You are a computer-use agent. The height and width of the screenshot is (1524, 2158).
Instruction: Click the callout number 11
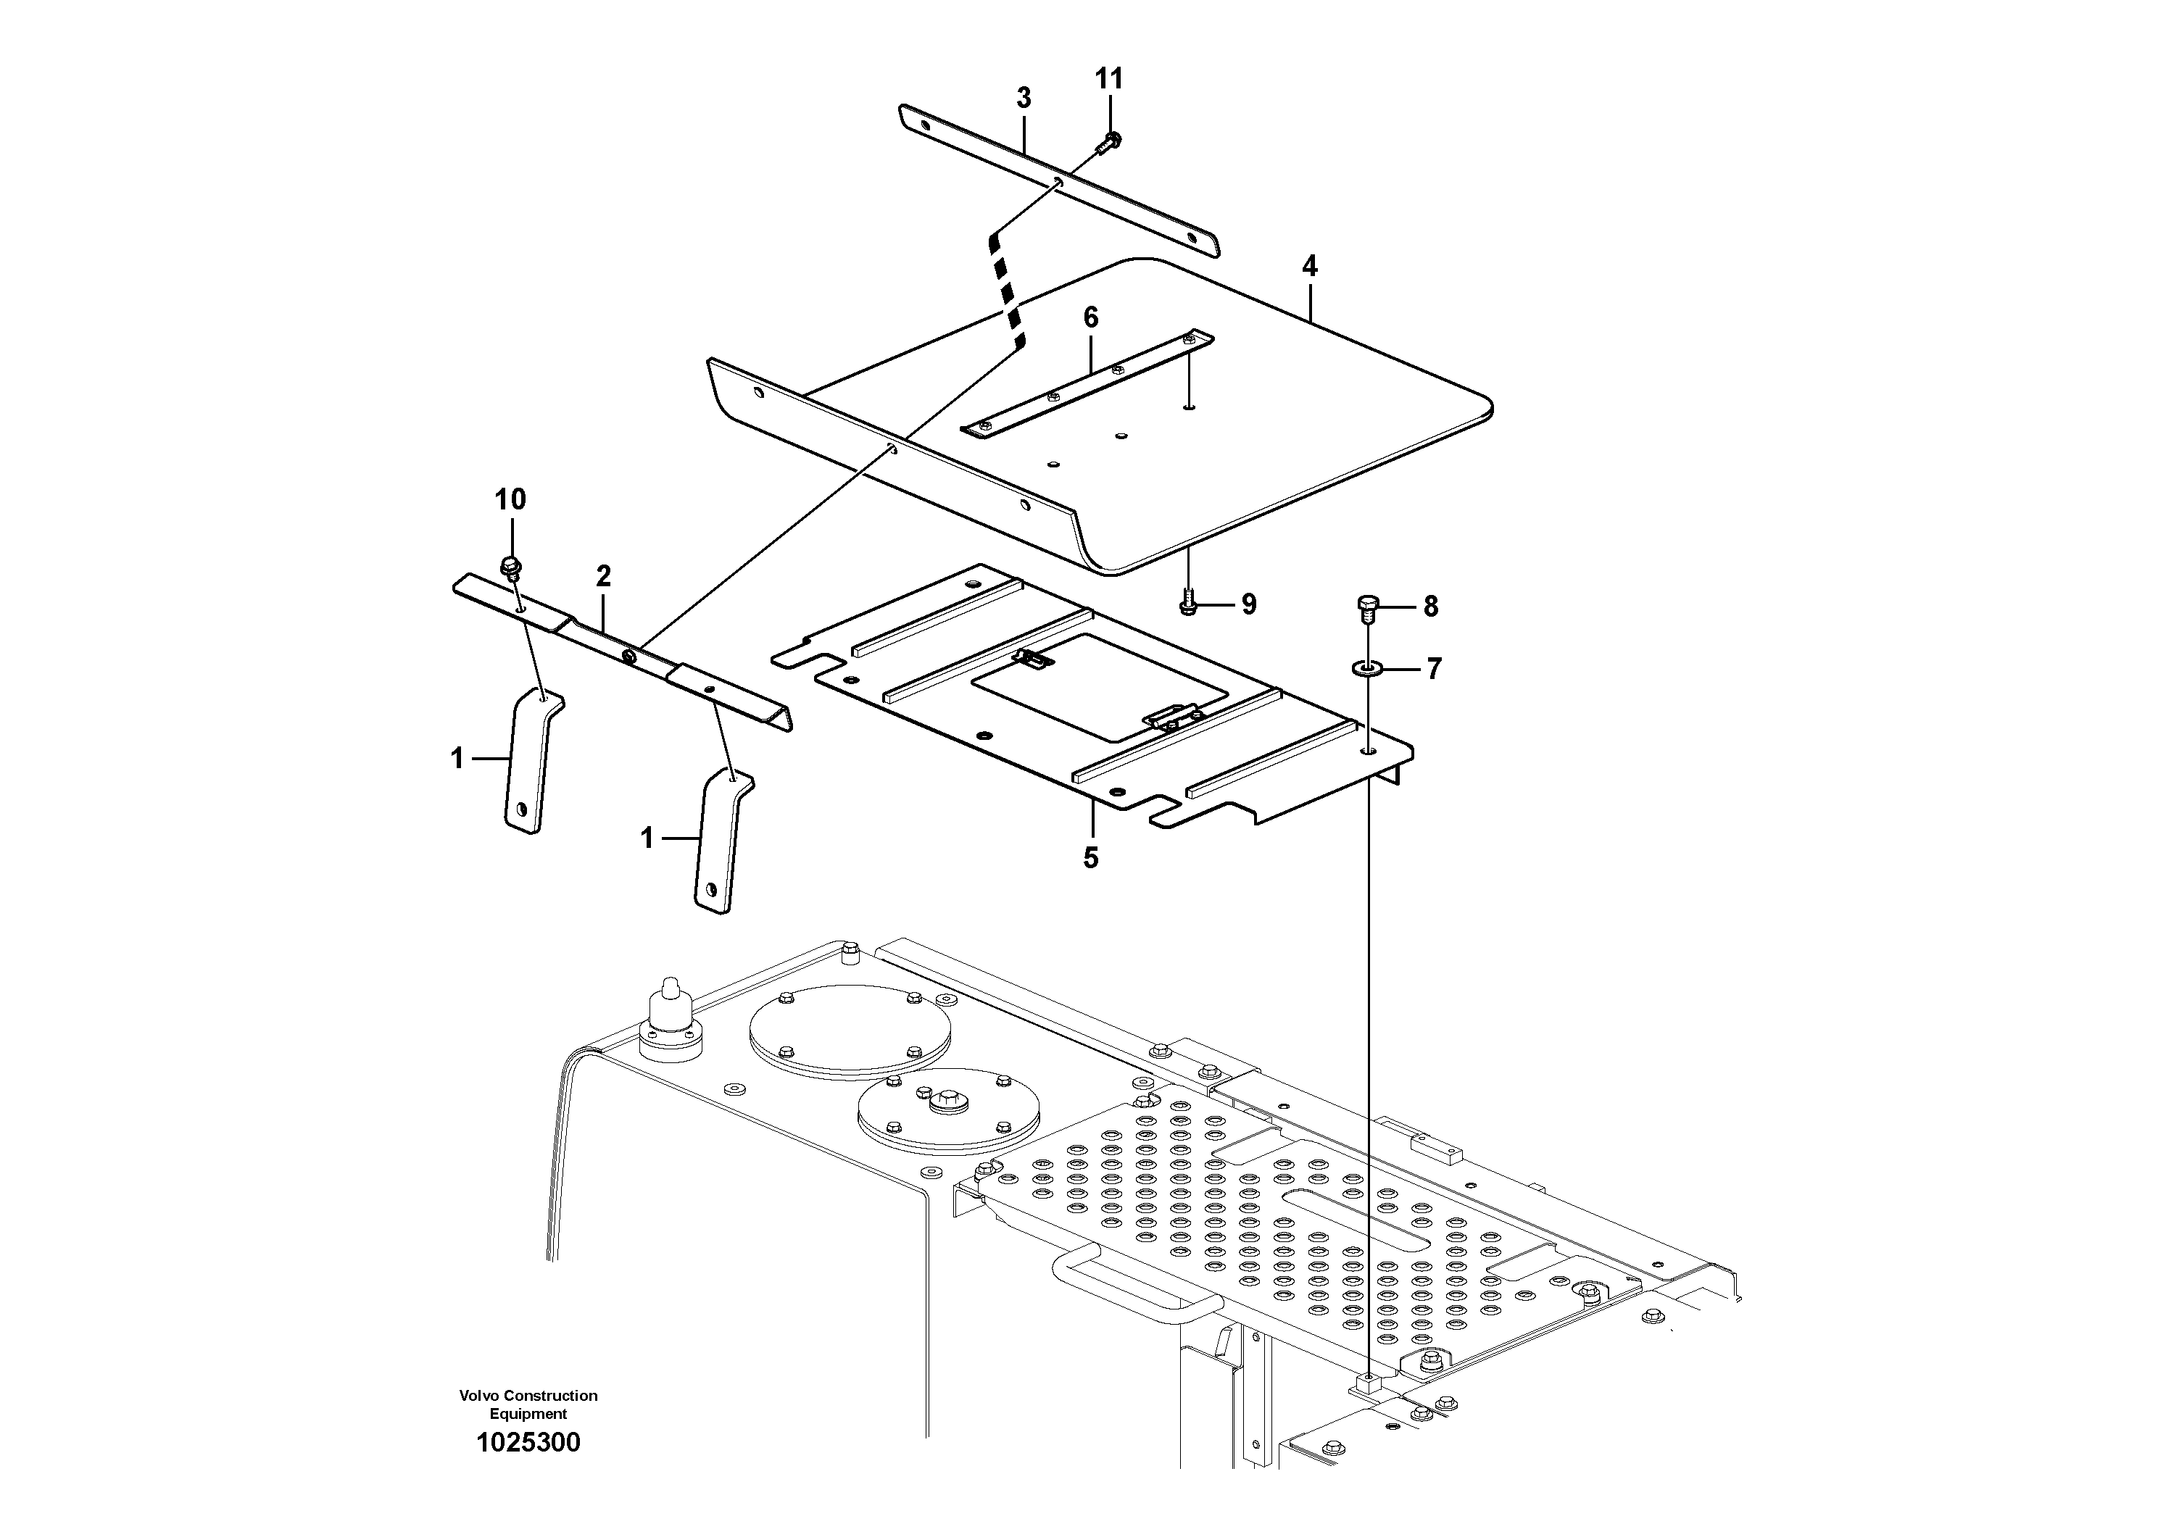1109,79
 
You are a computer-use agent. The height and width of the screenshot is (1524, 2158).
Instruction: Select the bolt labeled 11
1110,143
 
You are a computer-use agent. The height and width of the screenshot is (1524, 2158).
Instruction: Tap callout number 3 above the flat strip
1024,98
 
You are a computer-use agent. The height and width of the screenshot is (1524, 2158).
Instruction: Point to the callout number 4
1309,267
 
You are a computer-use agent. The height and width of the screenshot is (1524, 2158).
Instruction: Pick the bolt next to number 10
511,567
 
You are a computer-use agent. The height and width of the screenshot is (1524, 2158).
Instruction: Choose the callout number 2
603,576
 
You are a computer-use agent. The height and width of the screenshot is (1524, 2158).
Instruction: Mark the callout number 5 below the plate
1090,858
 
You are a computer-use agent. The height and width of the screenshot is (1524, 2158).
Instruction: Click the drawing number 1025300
528,1443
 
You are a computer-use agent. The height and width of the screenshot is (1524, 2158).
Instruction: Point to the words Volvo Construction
528,1396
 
